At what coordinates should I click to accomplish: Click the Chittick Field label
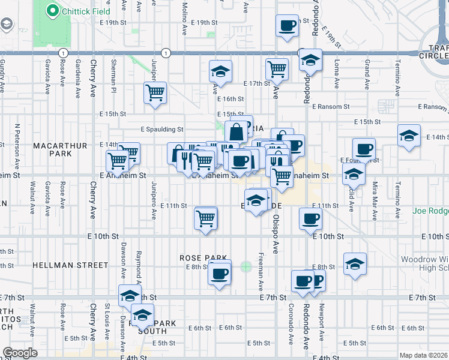click(x=79, y=10)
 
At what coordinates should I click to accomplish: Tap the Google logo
click(x=20, y=353)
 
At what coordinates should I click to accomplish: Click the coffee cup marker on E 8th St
click(x=220, y=274)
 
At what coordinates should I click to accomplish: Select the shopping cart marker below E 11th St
click(x=206, y=217)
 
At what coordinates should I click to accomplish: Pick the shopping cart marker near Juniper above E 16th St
click(x=155, y=93)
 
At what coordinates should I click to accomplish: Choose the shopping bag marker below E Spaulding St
click(x=237, y=132)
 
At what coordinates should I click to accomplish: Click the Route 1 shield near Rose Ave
click(x=62, y=53)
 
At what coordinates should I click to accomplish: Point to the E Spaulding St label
click(x=161, y=128)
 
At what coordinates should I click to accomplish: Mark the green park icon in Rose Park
click(x=246, y=266)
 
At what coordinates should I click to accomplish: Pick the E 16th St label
click(x=231, y=99)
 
